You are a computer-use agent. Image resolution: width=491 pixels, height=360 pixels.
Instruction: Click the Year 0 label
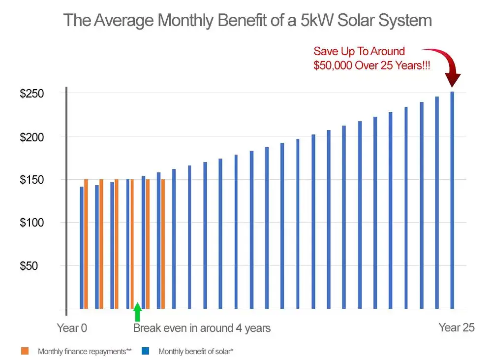72,328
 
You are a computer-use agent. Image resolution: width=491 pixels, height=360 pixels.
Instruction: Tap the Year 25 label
456,327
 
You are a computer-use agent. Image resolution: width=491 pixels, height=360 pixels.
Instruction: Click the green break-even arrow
138,312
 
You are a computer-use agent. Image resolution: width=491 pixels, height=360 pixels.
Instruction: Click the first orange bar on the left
86,244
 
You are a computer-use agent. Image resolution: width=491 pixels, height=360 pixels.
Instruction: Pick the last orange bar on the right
163,244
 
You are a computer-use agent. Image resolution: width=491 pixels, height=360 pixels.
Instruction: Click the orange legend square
25,352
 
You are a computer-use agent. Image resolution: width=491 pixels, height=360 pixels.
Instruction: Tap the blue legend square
146,352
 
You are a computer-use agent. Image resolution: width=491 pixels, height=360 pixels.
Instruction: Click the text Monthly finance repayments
85,352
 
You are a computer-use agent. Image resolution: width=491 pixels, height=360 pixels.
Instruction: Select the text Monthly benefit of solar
195,352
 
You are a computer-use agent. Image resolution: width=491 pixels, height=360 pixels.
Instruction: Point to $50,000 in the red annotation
333,65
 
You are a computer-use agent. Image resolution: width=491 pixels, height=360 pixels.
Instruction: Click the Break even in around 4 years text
202,328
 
